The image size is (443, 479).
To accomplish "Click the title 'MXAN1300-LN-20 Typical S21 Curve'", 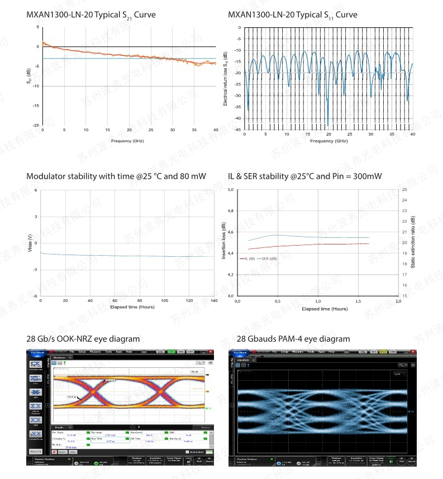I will pyautogui.click(x=91, y=15).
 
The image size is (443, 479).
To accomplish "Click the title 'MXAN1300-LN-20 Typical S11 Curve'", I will pyautogui.click(x=293, y=15).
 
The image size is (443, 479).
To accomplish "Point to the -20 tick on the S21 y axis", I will pyautogui.click(x=37, y=126).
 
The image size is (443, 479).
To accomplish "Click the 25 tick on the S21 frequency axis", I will pyautogui.click(x=151, y=130).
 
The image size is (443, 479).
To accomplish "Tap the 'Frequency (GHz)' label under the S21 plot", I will pyautogui.click(x=127, y=141).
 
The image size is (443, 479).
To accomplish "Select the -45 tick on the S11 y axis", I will pyautogui.click(x=238, y=130).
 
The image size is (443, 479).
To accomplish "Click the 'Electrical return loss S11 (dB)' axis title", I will pyautogui.click(x=225, y=79).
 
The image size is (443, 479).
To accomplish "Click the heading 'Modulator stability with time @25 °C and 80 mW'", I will pyautogui.click(x=116, y=176).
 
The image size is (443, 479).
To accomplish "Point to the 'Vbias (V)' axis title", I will pyautogui.click(x=30, y=243).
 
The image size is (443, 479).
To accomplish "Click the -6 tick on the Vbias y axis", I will pyautogui.click(x=36, y=296).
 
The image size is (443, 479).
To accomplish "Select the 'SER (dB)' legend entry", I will pyautogui.click(x=270, y=258).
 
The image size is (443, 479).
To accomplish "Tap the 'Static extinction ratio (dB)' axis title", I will pyautogui.click(x=413, y=243).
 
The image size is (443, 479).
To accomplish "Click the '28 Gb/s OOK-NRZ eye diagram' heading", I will pyautogui.click(x=83, y=339).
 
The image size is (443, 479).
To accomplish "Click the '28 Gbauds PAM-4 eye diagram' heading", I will pyautogui.click(x=293, y=339).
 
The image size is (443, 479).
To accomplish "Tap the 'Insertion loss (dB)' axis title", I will pyautogui.click(x=223, y=243).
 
